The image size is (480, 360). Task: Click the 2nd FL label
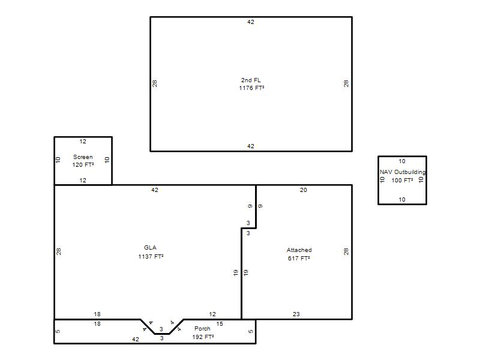point(251,80)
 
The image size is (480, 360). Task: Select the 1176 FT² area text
point(251,88)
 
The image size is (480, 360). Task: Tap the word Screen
point(83,157)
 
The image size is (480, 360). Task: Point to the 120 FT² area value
point(83,165)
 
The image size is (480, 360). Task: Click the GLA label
point(151,248)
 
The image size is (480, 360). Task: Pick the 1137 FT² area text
point(151,257)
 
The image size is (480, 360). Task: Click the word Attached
point(299,250)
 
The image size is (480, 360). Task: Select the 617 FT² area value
point(299,259)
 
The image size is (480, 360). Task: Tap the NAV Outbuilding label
point(403,172)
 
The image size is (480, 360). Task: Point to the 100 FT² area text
point(402,181)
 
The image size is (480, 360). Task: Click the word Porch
point(202,328)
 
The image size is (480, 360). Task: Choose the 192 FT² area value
point(203,337)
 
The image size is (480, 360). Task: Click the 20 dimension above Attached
point(304,190)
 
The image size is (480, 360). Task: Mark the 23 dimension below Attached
point(296,314)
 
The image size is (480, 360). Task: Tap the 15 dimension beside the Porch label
point(220,324)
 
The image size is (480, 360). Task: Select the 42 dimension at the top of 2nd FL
point(251,22)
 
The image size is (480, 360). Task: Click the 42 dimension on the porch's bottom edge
point(136,340)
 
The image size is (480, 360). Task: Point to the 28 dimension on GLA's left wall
point(58,251)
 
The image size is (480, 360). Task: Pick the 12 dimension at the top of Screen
point(83,142)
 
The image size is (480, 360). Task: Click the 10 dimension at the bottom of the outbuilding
point(402,200)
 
